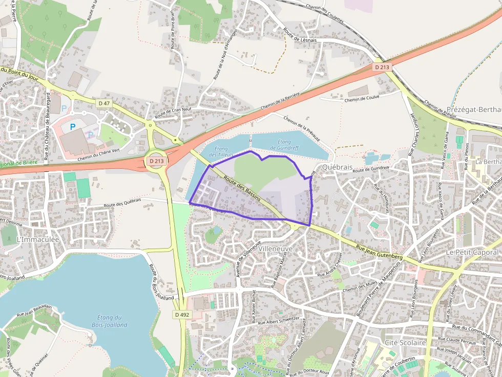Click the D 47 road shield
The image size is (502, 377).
pyautogui.click(x=104, y=103)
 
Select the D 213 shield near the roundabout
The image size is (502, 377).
pyautogui.click(x=157, y=161)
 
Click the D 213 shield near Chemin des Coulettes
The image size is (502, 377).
pyautogui.click(x=382, y=67)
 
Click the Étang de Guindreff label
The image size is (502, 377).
pyautogui.click(x=284, y=145)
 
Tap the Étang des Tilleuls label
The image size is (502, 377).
pyautogui.click(x=221, y=151)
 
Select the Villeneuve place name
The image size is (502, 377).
pyautogui.click(x=276, y=248)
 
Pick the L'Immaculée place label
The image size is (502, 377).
pyautogui.click(x=38, y=239)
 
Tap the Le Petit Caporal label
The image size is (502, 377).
pyautogui.click(x=472, y=252)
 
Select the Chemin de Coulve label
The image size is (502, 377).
pyautogui.click(x=362, y=99)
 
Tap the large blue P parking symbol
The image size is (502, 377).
pyautogui.click(x=73, y=126)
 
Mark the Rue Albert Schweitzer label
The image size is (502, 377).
pyautogui.click(x=278, y=321)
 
